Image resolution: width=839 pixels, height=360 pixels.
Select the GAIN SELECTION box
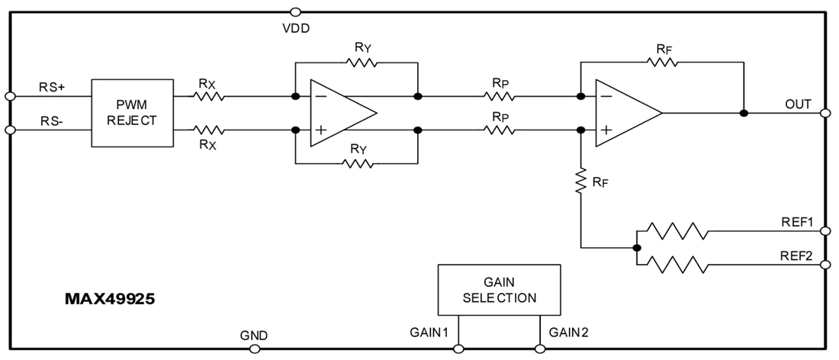499,289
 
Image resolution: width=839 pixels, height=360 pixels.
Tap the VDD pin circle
295,11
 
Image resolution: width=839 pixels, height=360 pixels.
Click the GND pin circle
253,349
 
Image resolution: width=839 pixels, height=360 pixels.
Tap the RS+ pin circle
10,96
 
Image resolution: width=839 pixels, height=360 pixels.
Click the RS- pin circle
10,130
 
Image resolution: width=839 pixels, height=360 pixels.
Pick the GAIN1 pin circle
458,349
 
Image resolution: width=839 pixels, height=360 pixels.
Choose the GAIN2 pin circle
540,349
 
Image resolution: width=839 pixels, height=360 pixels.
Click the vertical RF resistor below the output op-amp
581,182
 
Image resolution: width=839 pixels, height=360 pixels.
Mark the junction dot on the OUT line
743,113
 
